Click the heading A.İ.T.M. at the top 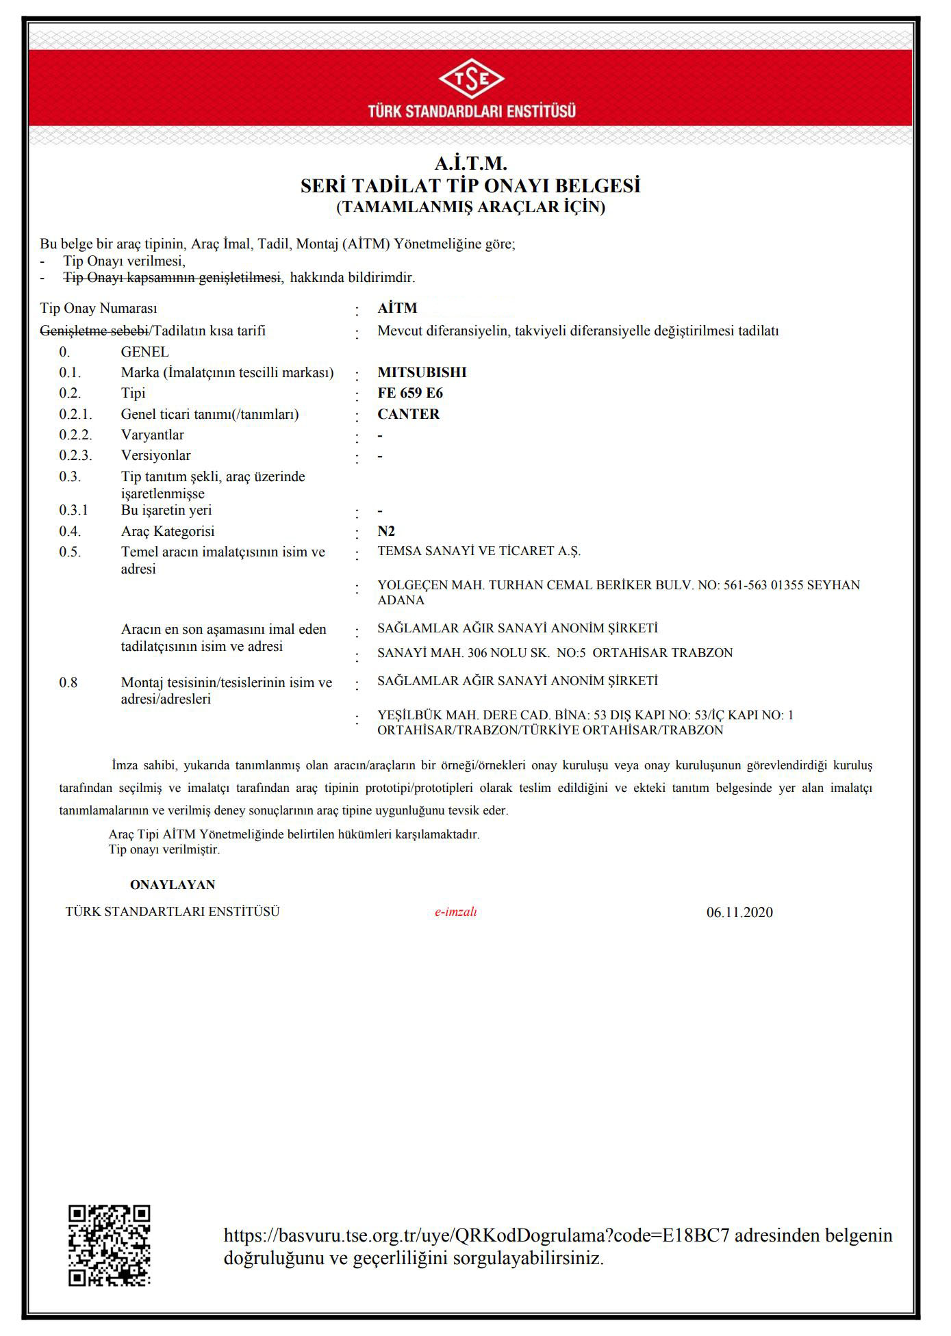pos(471,164)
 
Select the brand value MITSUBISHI pos(422,372)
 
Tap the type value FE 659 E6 pos(410,393)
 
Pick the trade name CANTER pos(408,414)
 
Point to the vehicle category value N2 pos(386,531)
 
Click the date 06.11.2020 pos(739,912)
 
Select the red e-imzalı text pos(455,912)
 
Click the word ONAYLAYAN pos(173,885)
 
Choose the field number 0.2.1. pos(75,414)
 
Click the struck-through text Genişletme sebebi pos(94,331)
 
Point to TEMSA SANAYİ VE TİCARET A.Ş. pos(479,551)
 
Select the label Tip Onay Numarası pos(99,309)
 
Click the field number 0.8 pos(68,682)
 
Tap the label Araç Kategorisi pos(168,531)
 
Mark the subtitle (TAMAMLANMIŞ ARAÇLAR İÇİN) pos(471,207)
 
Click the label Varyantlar pos(152,435)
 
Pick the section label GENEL pos(144,352)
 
